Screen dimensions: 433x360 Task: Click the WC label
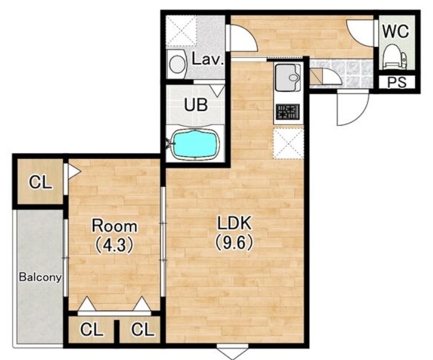(395, 31)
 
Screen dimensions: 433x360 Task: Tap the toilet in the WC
(395, 57)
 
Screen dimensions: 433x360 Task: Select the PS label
(397, 82)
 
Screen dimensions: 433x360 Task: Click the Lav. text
(208, 60)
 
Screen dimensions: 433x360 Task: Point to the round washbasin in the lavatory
(177, 64)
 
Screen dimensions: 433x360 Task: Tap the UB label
(196, 105)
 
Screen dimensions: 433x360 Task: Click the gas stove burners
(287, 112)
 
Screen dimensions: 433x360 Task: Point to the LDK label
(234, 224)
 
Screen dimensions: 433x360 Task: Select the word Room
(115, 226)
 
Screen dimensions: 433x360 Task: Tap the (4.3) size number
(115, 245)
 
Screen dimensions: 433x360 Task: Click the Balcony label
(40, 277)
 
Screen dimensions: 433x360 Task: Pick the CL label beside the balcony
(41, 182)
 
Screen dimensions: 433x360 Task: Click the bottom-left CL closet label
(91, 330)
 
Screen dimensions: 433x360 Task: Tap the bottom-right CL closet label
(143, 330)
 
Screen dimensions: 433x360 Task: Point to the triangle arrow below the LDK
(233, 352)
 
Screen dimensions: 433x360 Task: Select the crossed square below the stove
(289, 144)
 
